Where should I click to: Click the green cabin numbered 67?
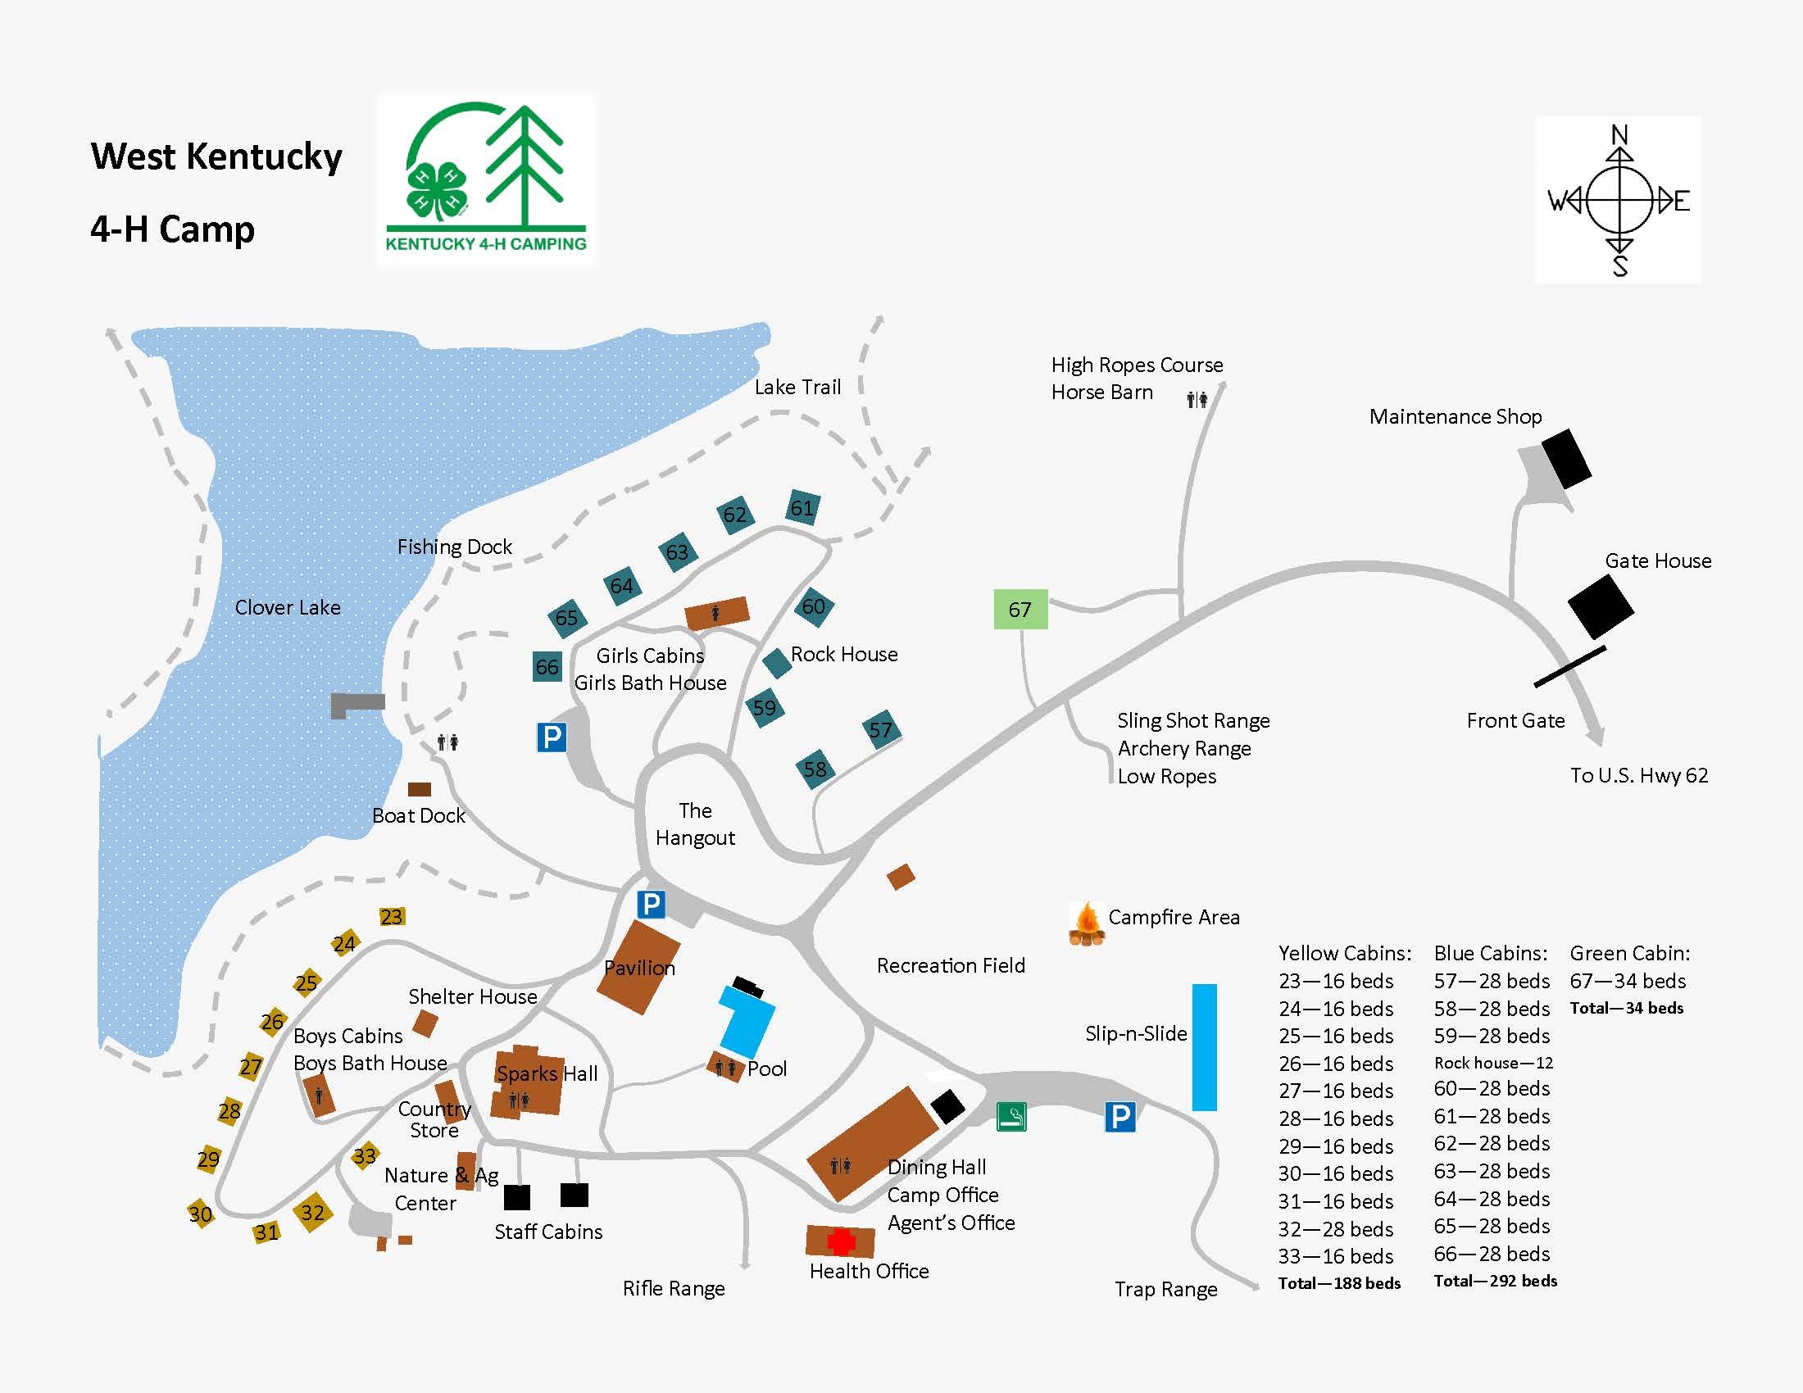(x=1020, y=609)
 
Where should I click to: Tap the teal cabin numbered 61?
(x=802, y=507)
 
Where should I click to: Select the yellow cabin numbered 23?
(x=391, y=917)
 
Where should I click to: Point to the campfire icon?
(x=1087, y=923)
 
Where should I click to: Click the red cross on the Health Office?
(x=840, y=1241)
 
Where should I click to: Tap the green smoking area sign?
(x=1011, y=1117)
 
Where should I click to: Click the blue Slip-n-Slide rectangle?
(x=1205, y=1046)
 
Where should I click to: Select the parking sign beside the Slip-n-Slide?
(x=1119, y=1117)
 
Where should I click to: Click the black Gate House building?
(x=1600, y=606)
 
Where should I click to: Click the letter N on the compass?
(x=1619, y=134)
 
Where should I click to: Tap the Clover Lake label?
(x=288, y=607)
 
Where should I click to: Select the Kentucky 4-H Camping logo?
(x=486, y=180)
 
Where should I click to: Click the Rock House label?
(x=843, y=655)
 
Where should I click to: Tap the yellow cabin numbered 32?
(x=312, y=1212)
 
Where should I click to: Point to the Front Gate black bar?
(x=1569, y=667)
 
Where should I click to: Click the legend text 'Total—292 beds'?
(x=1495, y=1281)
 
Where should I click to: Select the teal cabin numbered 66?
(x=547, y=667)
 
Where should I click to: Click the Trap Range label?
(x=1165, y=1289)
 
